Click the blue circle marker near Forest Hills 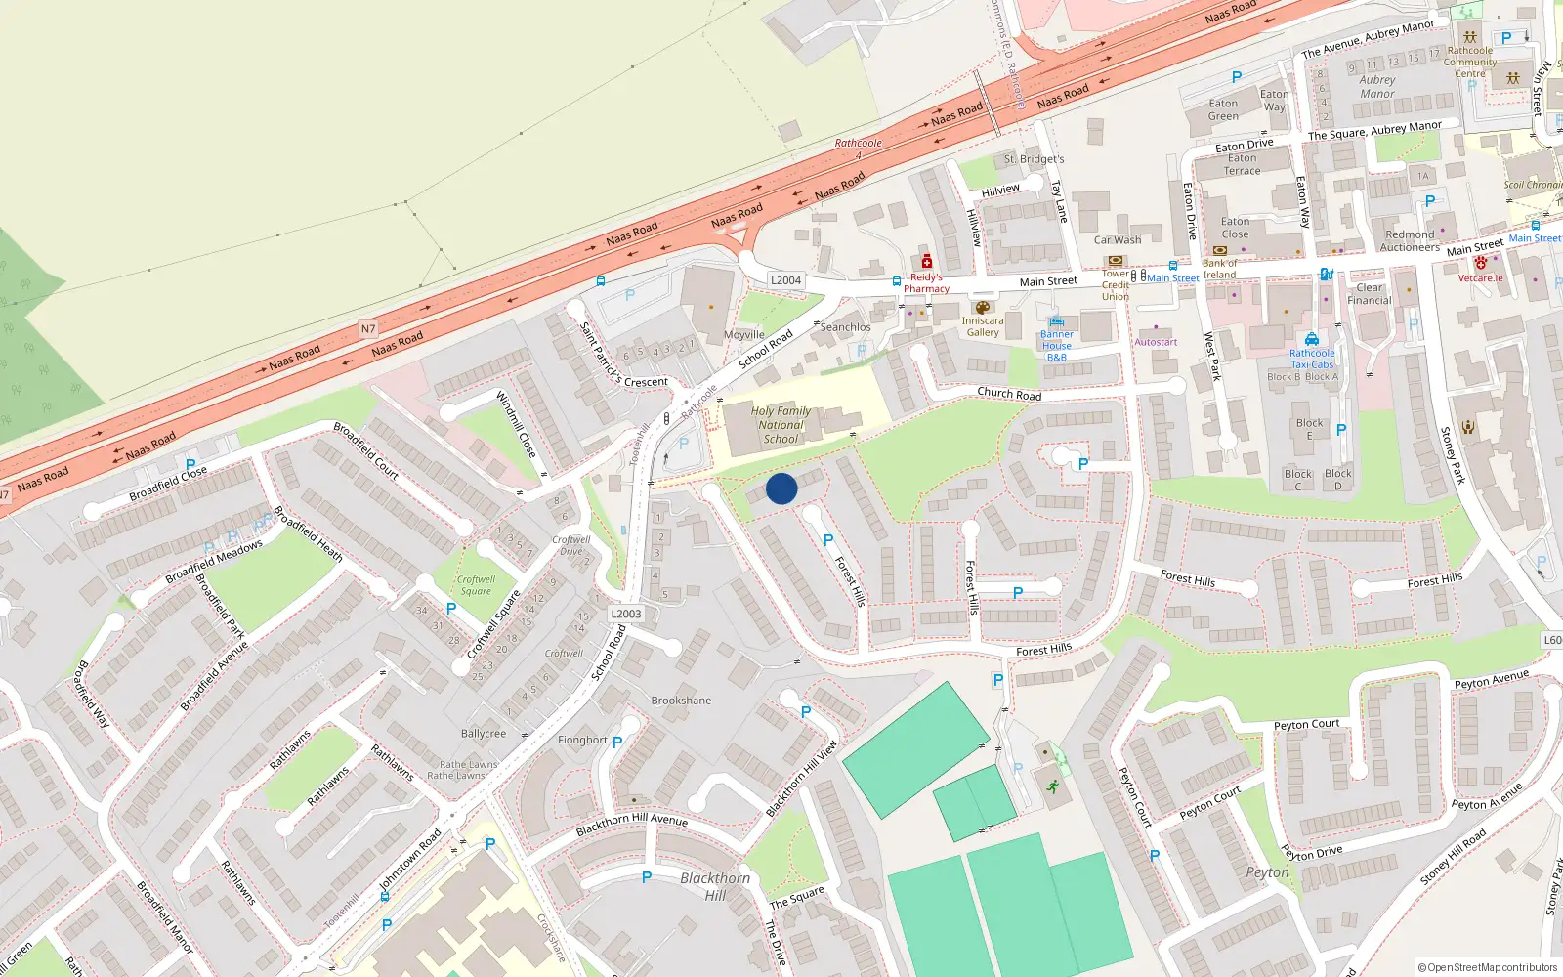(x=781, y=488)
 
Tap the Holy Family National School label (x=781, y=425)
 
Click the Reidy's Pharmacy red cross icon (x=926, y=262)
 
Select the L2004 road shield (x=785, y=280)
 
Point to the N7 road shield (x=368, y=328)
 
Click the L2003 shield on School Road (x=625, y=614)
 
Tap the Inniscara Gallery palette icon (x=982, y=308)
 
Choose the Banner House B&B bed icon (x=1056, y=321)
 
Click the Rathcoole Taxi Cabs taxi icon (x=1311, y=340)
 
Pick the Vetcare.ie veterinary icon (x=1480, y=263)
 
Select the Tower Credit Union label (x=1116, y=284)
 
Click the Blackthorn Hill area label (x=715, y=886)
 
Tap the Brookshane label (x=681, y=701)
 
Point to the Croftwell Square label (x=476, y=585)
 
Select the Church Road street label (x=1009, y=394)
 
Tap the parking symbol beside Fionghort (x=617, y=742)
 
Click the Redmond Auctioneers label (x=1411, y=240)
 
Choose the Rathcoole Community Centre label (x=1470, y=62)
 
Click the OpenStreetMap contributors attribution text (x=1487, y=967)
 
